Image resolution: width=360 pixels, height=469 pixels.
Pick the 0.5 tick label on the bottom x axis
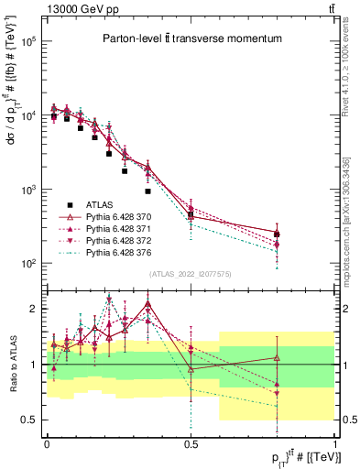coord(191,442)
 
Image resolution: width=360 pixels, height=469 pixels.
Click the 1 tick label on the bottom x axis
coord(334,442)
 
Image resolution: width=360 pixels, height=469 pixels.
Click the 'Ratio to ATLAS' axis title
coord(11,365)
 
